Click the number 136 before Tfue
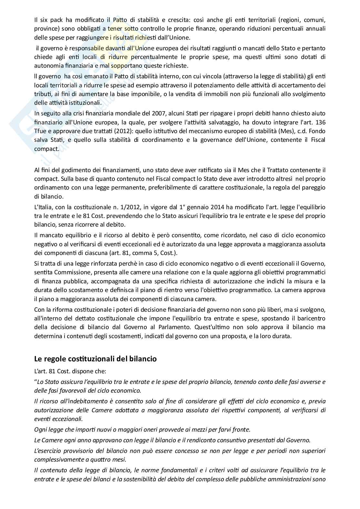(x=320, y=122)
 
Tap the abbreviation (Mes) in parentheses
(x=276, y=132)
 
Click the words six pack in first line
(x=50, y=19)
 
